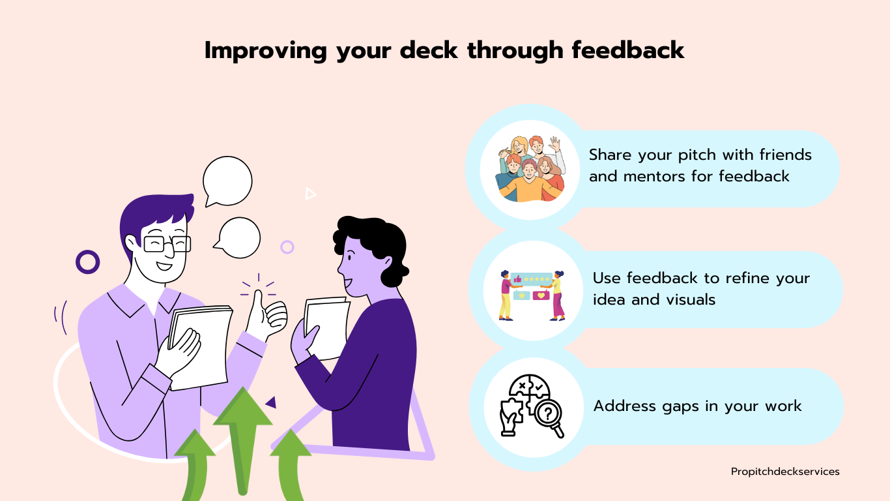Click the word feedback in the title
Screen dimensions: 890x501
(x=628, y=50)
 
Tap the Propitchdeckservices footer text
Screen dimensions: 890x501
(x=785, y=472)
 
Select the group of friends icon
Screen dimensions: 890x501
(x=530, y=169)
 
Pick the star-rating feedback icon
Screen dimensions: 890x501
(x=532, y=296)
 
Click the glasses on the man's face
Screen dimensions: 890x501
(x=167, y=244)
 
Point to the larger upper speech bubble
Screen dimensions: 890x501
(x=227, y=181)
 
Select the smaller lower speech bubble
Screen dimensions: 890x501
(x=239, y=237)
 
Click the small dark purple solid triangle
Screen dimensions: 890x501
(x=272, y=403)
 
